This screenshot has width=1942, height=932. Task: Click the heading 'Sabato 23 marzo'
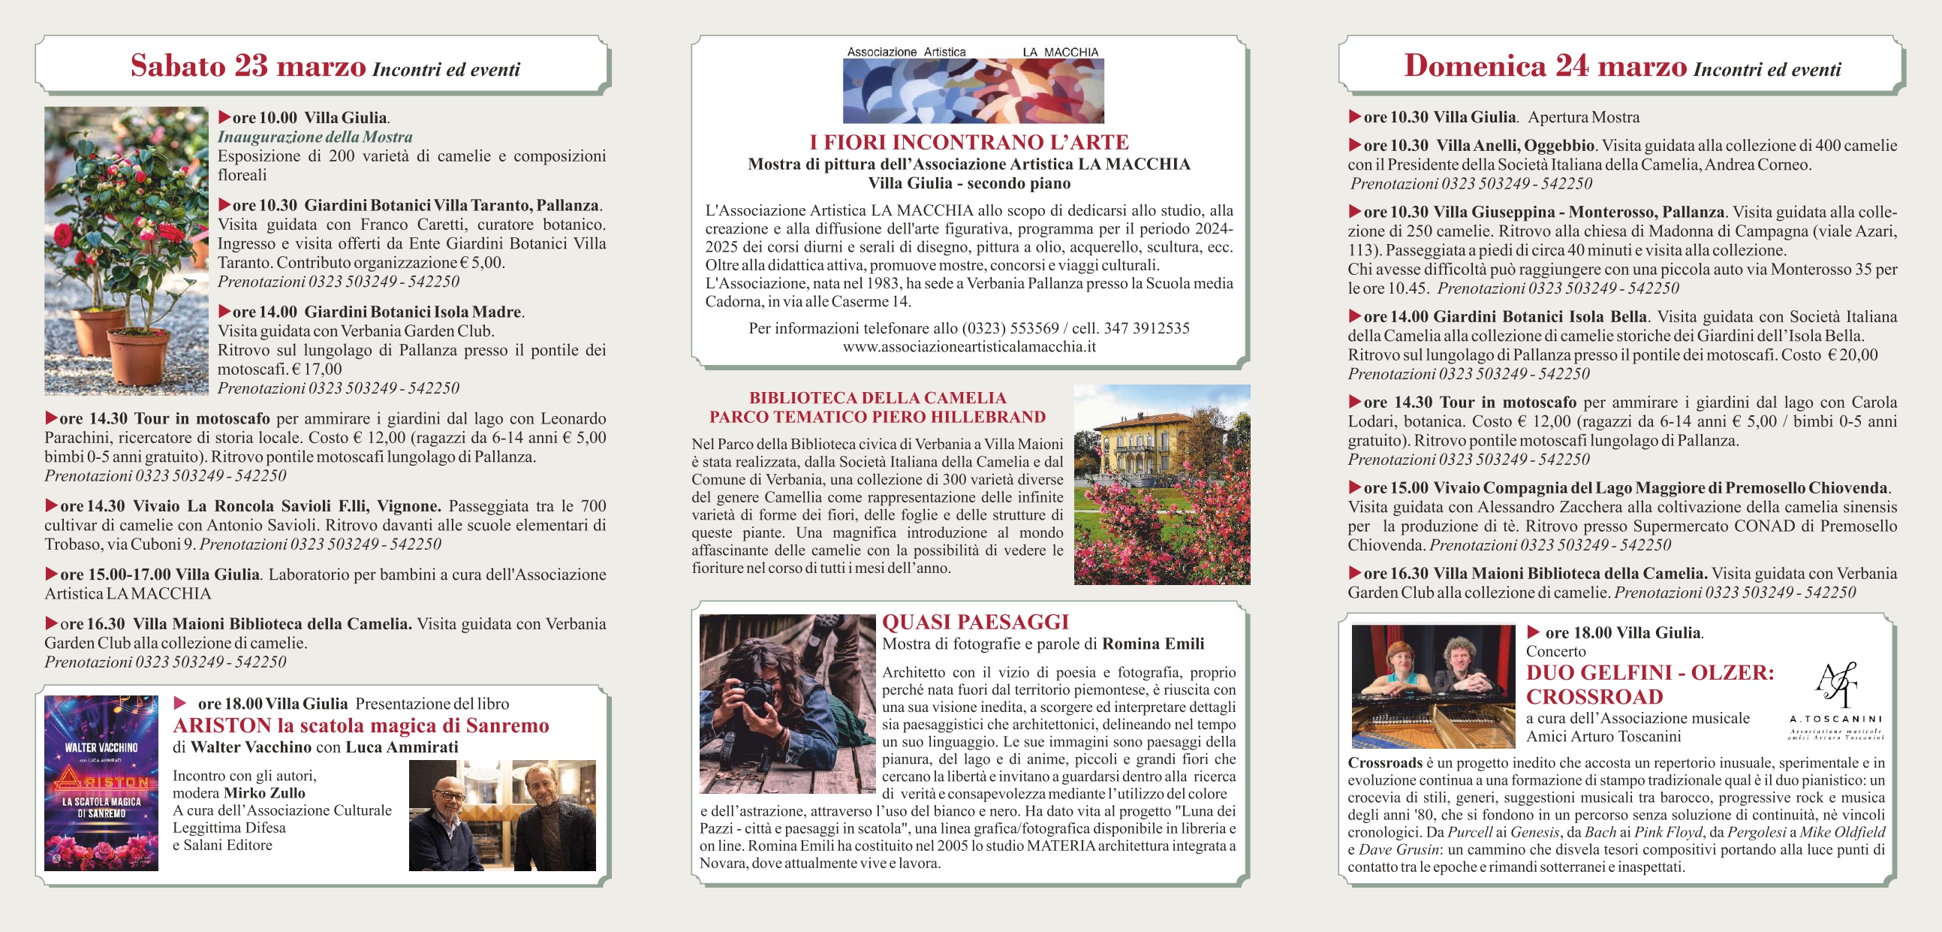pos(248,66)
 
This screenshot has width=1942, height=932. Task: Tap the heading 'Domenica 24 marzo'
pos(1545,66)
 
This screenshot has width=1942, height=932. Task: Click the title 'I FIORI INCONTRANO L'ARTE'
pos(968,143)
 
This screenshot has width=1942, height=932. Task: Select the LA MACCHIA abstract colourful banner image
pos(973,90)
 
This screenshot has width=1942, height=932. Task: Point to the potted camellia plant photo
pos(126,250)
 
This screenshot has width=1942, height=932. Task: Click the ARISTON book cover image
pos(101,783)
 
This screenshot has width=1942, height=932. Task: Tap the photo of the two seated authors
pos(502,815)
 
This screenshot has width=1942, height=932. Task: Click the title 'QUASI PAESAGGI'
pos(976,622)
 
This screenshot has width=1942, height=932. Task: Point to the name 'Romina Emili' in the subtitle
pos(1153,644)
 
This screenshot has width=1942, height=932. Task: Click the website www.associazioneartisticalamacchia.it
pos(968,347)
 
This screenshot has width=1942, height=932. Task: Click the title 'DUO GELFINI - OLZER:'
pos(1650,673)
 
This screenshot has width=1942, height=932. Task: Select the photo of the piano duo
pos(1432,686)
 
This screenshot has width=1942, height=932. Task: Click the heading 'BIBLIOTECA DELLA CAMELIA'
pos(878,398)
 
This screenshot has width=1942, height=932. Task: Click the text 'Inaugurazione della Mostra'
pos(315,137)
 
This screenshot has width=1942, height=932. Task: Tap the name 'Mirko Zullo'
pos(263,793)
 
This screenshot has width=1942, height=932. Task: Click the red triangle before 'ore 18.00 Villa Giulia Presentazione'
pos(180,703)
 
